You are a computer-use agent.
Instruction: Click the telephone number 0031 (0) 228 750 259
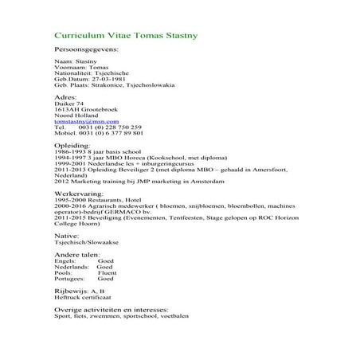[110, 127]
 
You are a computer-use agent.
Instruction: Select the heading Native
[65, 236]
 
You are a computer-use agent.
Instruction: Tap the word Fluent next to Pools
[106, 272]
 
